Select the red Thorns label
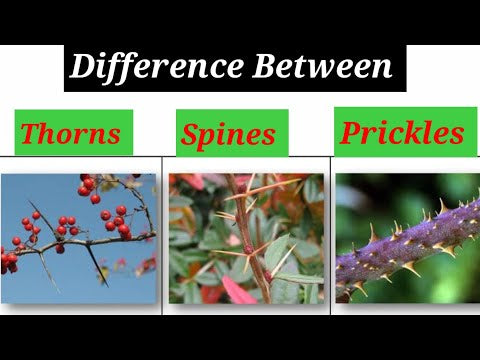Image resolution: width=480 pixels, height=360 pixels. pos(72,133)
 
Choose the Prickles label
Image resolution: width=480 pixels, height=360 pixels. pos(403,132)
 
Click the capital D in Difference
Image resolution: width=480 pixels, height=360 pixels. pos(82,68)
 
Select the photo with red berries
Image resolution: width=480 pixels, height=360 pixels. pos(78,238)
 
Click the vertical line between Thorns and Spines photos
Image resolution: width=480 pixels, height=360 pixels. pos(162,235)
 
